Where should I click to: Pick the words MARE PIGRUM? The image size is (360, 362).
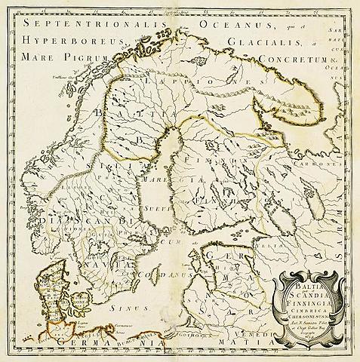pyautogui.click(x=60, y=57)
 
